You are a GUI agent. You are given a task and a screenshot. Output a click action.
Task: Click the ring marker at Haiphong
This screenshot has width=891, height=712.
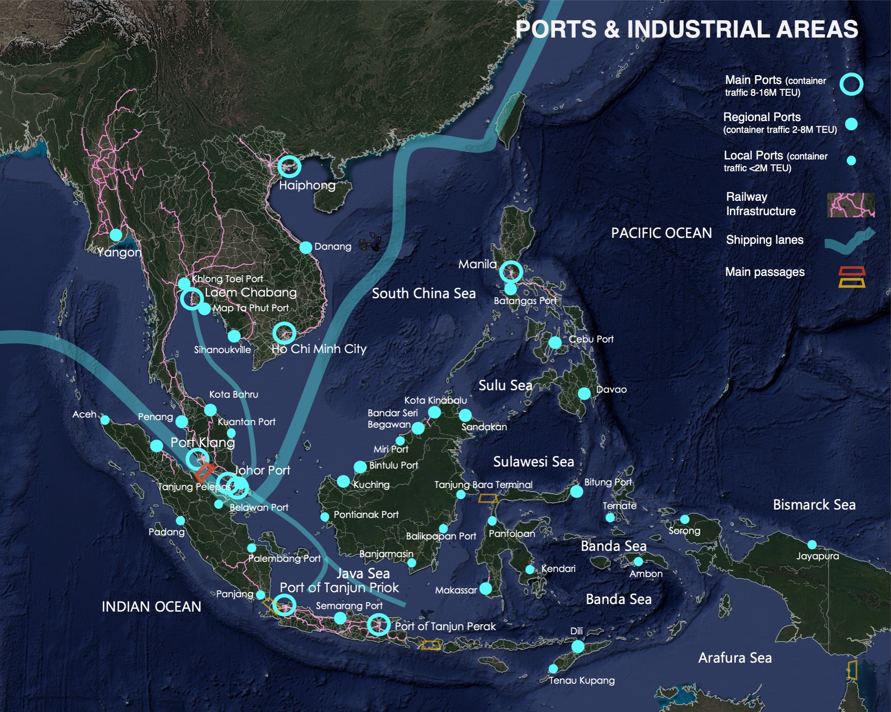click(x=289, y=166)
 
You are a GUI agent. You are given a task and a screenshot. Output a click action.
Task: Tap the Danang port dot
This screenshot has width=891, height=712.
click(x=306, y=248)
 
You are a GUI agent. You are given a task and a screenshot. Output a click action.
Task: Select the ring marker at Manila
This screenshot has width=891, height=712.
click(x=511, y=272)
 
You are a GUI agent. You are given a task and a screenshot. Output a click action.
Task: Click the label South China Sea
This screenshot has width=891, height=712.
click(x=424, y=294)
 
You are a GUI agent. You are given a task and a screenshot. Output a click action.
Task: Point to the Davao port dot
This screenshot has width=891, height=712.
click(x=584, y=394)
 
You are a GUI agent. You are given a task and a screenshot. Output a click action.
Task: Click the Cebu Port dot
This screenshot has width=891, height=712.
click(x=556, y=343)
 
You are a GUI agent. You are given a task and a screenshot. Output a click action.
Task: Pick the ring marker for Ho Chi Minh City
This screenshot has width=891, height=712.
click(x=284, y=333)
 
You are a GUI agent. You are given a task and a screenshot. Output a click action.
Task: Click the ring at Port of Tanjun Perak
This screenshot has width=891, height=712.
click(x=378, y=624)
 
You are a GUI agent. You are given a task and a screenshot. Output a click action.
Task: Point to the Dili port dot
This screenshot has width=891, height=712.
click(x=578, y=647)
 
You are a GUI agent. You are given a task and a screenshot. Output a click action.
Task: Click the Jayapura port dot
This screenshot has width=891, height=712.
click(x=812, y=545)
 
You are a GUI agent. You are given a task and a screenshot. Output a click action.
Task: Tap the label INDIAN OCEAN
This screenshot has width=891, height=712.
click(x=151, y=607)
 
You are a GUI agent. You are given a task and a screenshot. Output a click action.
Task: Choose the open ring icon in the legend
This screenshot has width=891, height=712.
click(x=851, y=84)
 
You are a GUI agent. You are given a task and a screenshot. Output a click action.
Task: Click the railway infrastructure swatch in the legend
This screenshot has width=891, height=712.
click(x=851, y=205)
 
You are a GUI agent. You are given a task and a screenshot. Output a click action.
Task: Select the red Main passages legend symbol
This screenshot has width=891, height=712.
click(x=852, y=271)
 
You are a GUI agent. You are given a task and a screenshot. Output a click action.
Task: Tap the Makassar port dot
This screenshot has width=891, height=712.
click(x=486, y=588)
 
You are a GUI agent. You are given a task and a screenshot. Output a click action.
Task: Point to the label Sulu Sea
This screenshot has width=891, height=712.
click(x=505, y=385)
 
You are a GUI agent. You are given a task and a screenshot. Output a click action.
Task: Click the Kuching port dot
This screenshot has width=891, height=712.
click(x=344, y=481)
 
